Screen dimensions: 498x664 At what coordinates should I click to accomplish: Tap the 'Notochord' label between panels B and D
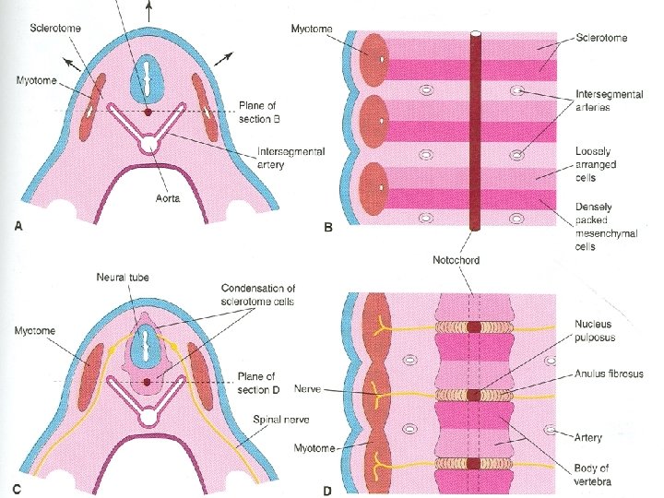[x=456, y=261]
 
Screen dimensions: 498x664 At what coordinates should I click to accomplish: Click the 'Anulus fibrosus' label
[x=608, y=374]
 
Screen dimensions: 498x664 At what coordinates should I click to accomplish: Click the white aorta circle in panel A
[x=147, y=144]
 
